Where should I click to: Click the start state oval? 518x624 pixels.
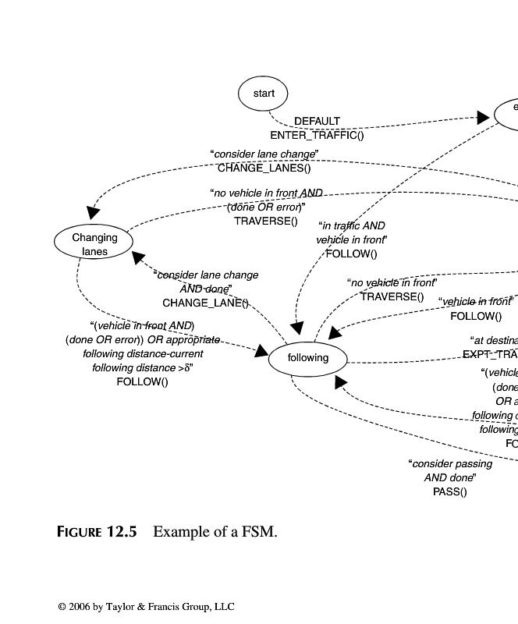[x=264, y=94]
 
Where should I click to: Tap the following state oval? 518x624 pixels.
[x=308, y=359]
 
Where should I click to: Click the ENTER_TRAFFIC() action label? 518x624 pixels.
[x=317, y=135]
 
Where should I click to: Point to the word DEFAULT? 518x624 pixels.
[x=317, y=122]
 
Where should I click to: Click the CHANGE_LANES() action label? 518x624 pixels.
[x=264, y=168]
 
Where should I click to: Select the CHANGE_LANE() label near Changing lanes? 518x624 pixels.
[x=205, y=303]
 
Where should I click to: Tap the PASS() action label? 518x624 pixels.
[x=449, y=491]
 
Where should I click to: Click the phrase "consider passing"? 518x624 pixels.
[x=451, y=464]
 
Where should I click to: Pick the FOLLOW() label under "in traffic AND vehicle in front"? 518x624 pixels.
[x=351, y=253]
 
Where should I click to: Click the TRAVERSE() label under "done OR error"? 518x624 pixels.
[x=266, y=221]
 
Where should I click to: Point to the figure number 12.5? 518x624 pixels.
[x=121, y=533]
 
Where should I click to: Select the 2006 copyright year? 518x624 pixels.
[x=79, y=607]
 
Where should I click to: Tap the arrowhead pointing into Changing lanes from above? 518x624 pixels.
[x=93, y=212]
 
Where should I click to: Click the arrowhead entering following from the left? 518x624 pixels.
[x=261, y=353]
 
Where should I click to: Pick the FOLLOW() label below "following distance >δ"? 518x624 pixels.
[x=142, y=381]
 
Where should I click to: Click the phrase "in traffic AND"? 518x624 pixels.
[x=353, y=226]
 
